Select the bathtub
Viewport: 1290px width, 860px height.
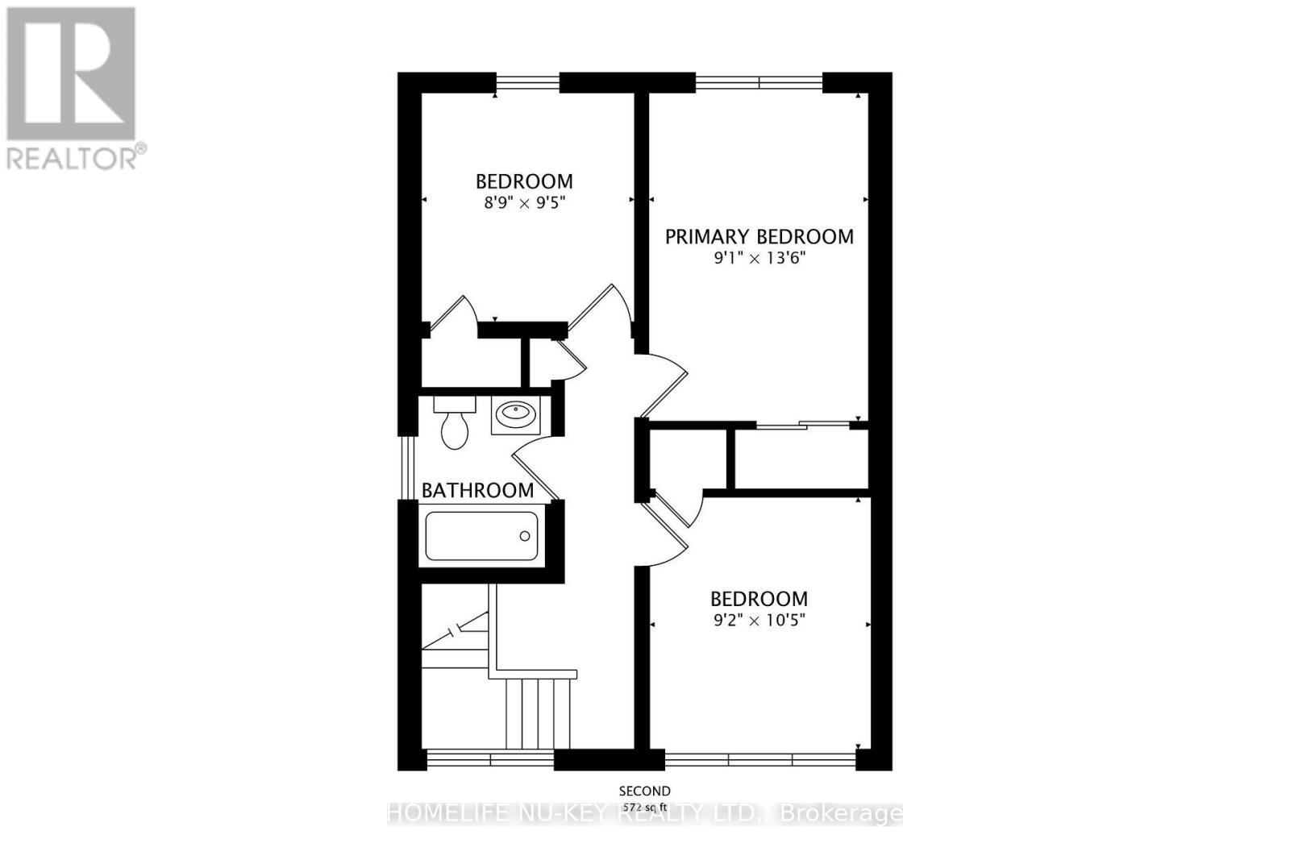pyautogui.click(x=481, y=536)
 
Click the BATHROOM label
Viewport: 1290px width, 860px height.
pyautogui.click(x=477, y=490)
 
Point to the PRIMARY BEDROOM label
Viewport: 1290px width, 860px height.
pyautogui.click(x=759, y=237)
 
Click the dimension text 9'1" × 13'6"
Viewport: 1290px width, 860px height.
pyautogui.click(x=759, y=259)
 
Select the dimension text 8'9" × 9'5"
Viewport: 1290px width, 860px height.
pyautogui.click(x=524, y=204)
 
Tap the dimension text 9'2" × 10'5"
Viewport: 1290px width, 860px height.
pyautogui.click(x=759, y=621)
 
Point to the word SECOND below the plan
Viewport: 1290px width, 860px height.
pyautogui.click(x=644, y=791)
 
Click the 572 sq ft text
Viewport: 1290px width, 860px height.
pyautogui.click(x=644, y=806)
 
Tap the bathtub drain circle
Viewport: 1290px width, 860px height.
pyautogui.click(x=525, y=536)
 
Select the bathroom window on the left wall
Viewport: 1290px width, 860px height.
pyautogui.click(x=407, y=467)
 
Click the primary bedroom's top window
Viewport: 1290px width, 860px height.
pyautogui.click(x=759, y=81)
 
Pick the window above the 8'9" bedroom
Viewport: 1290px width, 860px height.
pyautogui.click(x=526, y=81)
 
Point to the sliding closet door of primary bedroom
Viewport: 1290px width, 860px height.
pyautogui.click(x=803, y=425)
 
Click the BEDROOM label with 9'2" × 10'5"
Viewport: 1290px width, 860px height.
pyautogui.click(x=759, y=599)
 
